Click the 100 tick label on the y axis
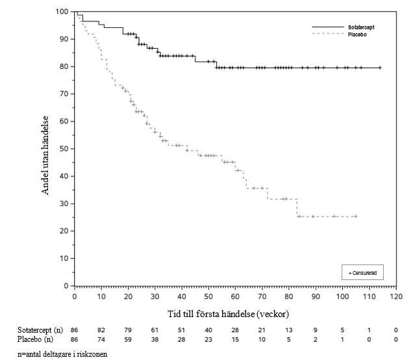(62, 12)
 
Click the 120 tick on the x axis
(396, 297)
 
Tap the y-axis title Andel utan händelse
(46, 155)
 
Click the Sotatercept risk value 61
(155, 331)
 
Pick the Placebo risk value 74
(101, 339)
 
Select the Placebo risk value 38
(155, 339)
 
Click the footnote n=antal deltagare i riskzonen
(62, 354)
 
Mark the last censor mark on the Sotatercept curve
(380, 68)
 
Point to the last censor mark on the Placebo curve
(355, 216)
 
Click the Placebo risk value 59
(128, 339)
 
